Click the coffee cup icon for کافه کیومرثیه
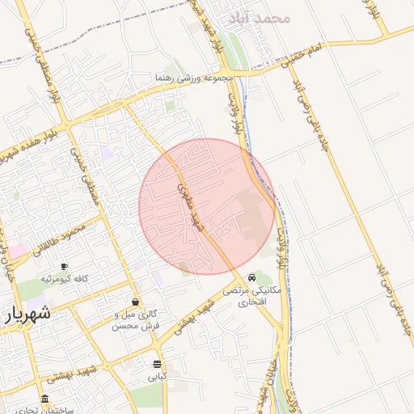[x=64, y=267]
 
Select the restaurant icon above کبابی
[x=156, y=365]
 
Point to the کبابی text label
[x=156, y=377]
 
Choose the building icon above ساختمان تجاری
[x=44, y=399]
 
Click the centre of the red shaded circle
[x=207, y=206]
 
